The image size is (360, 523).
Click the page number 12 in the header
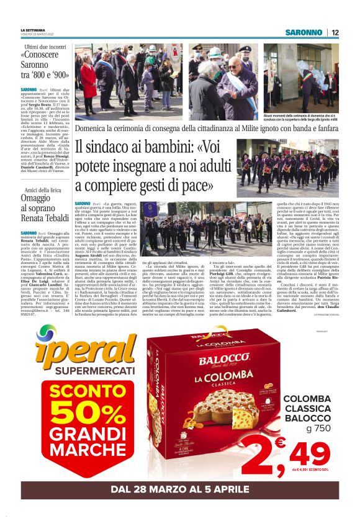click(335, 32)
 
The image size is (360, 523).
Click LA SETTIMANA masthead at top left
click(32, 30)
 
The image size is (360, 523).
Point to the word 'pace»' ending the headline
click(196, 184)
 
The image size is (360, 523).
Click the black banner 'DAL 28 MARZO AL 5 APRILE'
click(180, 489)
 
